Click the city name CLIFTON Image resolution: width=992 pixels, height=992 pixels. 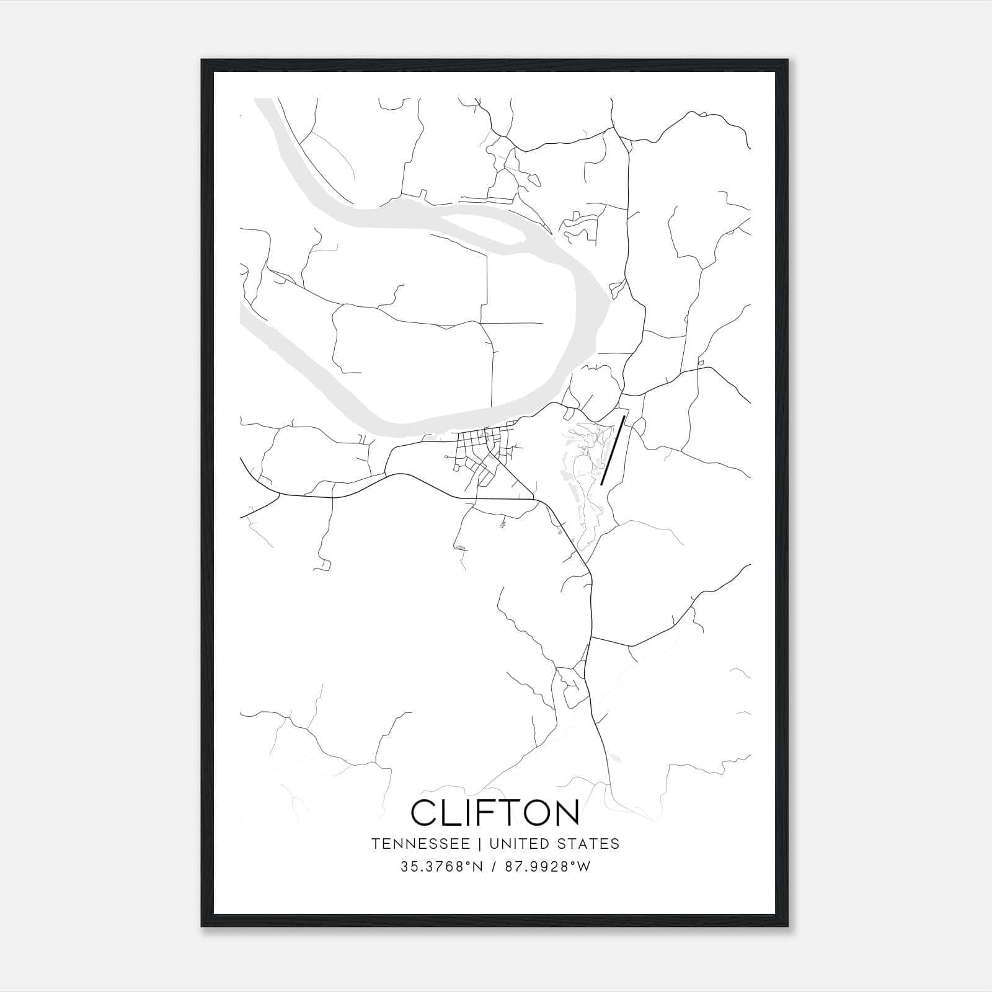click(495, 812)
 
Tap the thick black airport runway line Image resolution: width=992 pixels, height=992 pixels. click(612, 449)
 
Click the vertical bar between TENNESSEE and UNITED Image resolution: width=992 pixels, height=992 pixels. click(484, 844)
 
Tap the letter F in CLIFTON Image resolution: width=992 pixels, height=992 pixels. click(479, 812)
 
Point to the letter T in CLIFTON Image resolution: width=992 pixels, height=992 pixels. click(503, 812)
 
